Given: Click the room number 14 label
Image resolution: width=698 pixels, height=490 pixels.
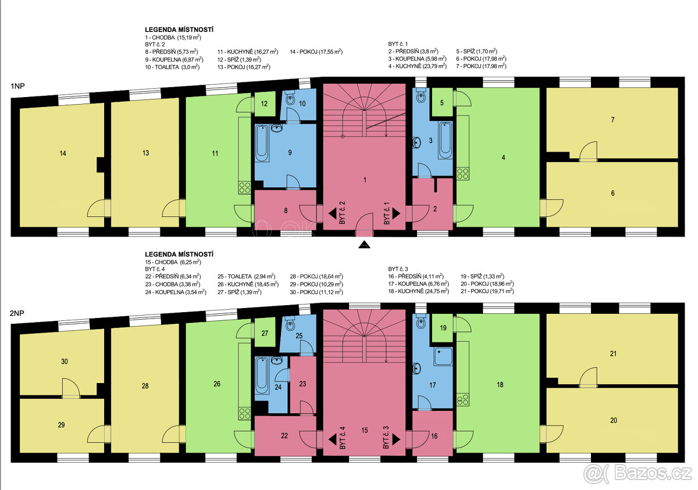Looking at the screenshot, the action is [x=63, y=153].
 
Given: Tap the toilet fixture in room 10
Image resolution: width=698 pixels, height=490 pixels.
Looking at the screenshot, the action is [x=290, y=98].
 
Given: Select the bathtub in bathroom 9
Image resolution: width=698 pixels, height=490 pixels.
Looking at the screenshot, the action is [x=262, y=143].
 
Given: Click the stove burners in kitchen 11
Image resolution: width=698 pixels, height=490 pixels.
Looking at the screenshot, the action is [x=245, y=188].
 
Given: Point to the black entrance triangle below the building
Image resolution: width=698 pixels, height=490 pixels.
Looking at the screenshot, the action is [x=364, y=244].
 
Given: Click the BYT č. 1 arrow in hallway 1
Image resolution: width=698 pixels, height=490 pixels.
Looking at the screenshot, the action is [x=396, y=214].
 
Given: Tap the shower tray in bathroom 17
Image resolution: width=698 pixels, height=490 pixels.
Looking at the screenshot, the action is [x=443, y=356].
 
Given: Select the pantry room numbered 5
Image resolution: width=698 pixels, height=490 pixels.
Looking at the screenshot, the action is [x=442, y=102].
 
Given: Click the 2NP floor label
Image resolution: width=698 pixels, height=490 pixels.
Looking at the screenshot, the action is [x=17, y=313].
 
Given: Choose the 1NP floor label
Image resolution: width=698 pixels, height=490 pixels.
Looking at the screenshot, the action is [x=17, y=86].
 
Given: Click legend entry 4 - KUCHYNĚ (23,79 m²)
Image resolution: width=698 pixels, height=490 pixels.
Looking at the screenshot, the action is [x=417, y=66].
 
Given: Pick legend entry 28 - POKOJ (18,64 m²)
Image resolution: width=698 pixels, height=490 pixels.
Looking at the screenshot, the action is [x=316, y=277].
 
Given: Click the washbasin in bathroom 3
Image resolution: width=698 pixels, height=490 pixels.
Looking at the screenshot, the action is [x=416, y=142].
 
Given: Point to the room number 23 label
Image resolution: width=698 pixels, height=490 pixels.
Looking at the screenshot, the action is [x=302, y=384].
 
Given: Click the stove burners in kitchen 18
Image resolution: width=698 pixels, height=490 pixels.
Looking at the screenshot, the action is [x=463, y=400].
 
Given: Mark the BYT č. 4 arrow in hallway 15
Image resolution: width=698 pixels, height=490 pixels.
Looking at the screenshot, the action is [x=333, y=439].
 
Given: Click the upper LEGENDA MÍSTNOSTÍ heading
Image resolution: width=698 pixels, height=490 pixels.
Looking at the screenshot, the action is [x=179, y=30].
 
